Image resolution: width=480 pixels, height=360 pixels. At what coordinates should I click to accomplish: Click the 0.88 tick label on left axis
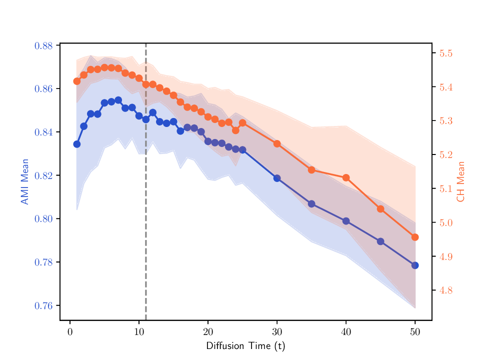(43, 46)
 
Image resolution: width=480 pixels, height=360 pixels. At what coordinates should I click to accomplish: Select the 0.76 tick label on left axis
(43, 306)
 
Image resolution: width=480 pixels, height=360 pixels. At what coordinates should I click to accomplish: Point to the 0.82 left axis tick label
(43, 176)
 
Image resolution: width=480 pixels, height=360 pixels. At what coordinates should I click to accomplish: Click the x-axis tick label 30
(277, 332)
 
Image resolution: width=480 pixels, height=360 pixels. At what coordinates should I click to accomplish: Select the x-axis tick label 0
(70, 332)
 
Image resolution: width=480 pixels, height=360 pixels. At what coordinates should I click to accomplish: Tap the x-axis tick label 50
(414, 332)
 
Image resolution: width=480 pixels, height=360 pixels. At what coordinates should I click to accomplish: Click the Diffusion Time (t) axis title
(245, 346)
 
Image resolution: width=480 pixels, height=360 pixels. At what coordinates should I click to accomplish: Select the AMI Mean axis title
(24, 182)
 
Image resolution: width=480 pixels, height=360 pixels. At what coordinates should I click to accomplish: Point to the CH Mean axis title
(460, 181)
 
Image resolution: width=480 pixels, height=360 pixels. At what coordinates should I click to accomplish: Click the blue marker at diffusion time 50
(415, 265)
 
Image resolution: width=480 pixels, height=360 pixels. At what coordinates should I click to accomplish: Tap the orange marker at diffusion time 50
(415, 237)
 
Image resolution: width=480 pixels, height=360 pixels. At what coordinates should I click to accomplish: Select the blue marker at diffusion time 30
(277, 178)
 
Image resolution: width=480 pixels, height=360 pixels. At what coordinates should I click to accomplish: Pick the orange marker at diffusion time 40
(346, 177)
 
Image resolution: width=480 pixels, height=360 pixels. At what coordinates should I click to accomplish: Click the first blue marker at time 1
(77, 144)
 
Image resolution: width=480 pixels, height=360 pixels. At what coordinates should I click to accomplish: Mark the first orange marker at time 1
(77, 81)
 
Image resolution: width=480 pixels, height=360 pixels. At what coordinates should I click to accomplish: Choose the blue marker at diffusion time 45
(380, 241)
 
